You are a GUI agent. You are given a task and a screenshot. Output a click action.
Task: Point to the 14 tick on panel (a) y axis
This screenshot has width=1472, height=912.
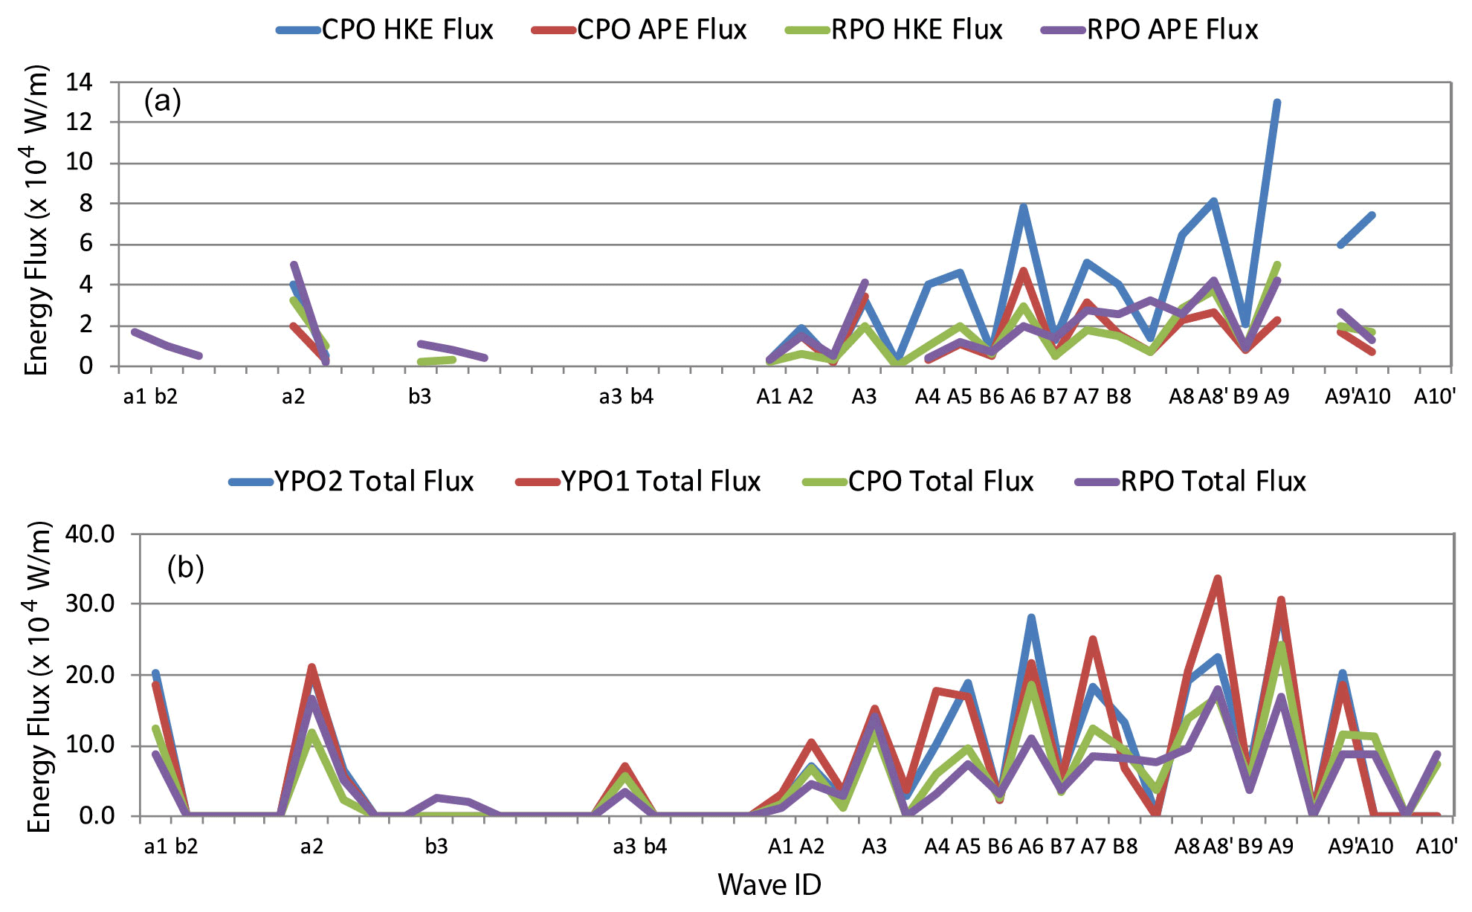(80, 82)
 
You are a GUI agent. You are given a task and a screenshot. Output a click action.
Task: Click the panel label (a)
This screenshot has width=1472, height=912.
(163, 100)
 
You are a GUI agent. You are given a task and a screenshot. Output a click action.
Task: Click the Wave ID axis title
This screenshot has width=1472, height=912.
(769, 884)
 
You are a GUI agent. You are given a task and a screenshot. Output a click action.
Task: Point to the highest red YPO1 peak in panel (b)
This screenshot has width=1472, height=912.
(1218, 578)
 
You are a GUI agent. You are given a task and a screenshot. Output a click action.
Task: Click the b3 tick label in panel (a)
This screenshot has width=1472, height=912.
(419, 396)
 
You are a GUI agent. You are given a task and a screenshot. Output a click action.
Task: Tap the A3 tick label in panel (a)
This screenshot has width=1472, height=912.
(864, 396)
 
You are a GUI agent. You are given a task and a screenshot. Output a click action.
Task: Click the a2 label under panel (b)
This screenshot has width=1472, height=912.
(311, 846)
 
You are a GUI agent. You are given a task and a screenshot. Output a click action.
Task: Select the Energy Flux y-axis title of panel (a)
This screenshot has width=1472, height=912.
(36, 221)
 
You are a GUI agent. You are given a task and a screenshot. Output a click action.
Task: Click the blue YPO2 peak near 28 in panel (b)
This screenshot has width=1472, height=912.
(1031, 617)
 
